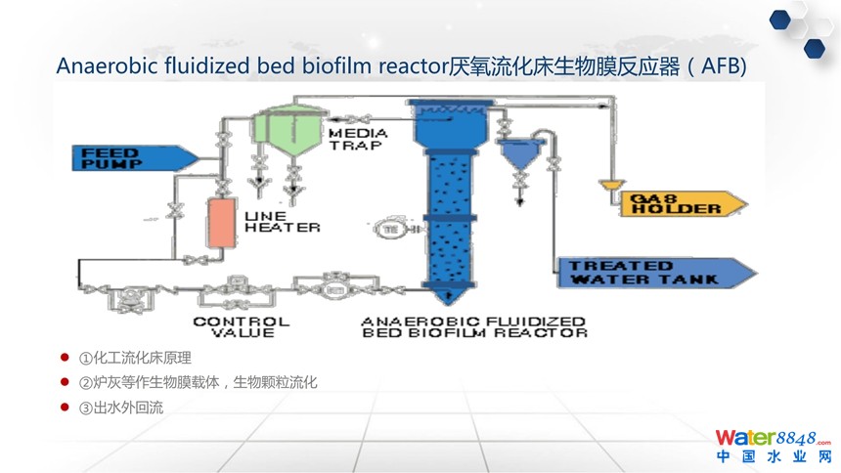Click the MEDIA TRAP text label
(357, 139)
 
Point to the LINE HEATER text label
(282, 221)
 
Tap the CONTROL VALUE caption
(241, 326)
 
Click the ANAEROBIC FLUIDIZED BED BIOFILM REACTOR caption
(473, 326)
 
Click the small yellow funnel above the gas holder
(611, 183)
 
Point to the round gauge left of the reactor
(389, 228)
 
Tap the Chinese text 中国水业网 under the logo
(772, 457)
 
